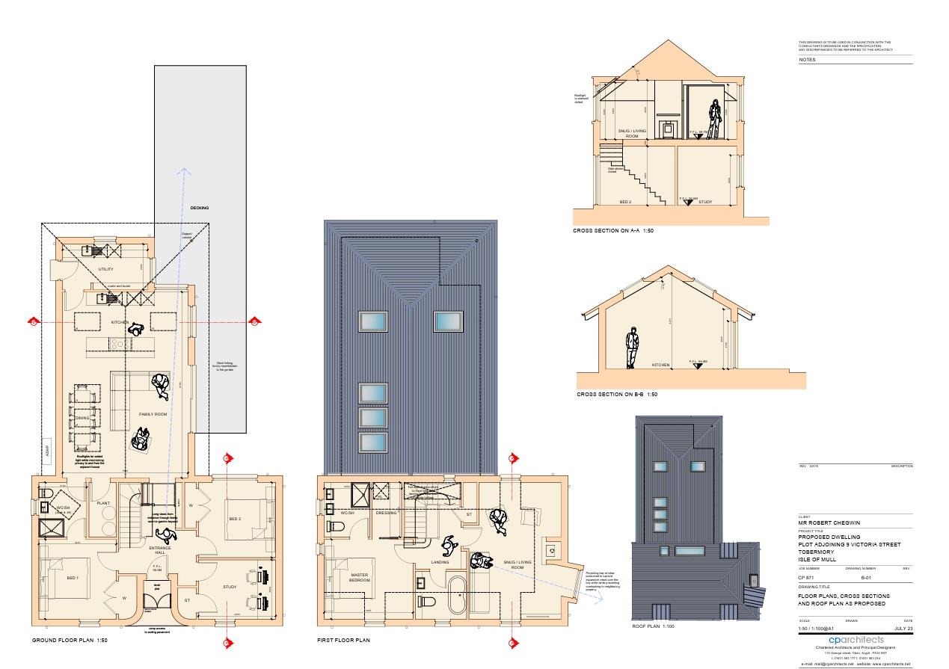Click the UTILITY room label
(106, 269)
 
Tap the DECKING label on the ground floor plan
(200, 208)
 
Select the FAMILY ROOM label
(153, 413)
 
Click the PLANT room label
(103, 503)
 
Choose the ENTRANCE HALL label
(159, 551)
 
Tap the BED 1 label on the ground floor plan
(73, 578)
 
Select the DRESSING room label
(386, 513)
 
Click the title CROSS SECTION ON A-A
(613, 231)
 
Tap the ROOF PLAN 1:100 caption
(653, 626)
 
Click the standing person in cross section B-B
(632, 348)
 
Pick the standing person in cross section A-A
(715, 119)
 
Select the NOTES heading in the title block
(807, 59)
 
